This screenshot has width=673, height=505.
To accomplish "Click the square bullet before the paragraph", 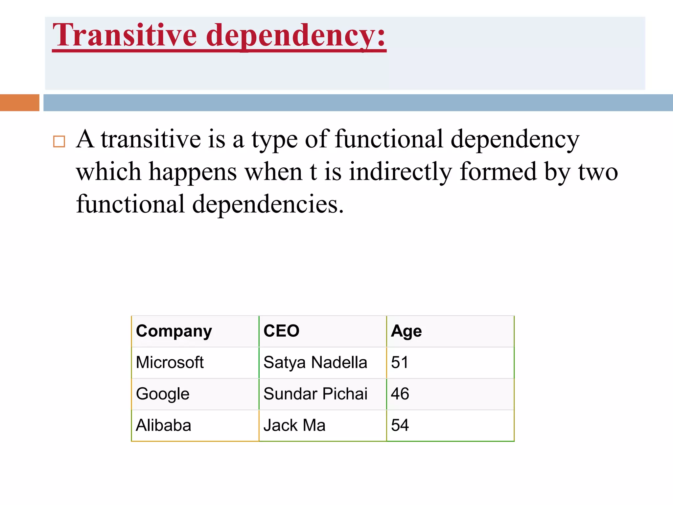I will pos(59,141).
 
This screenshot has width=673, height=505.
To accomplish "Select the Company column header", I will pos(174,331).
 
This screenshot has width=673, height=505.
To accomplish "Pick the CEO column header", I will pos(281,331).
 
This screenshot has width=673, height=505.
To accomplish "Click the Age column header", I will pos(406,331).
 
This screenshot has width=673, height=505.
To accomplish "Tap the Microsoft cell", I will pos(170,362).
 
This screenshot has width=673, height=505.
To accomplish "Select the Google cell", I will pos(163,394).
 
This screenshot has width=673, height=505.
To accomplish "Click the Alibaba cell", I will pos(163,425).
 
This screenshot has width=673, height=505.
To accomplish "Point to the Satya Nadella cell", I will pos(315,362).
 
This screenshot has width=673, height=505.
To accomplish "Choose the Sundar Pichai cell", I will pos(315,394).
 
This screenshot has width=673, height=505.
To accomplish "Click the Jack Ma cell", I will pos(294,425).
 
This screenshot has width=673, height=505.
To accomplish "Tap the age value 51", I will pos(400,362).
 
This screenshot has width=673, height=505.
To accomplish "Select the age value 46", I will pos(400,394).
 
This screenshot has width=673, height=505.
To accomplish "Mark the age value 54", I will pos(400,425).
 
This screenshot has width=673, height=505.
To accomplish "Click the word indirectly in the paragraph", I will pos(400,172).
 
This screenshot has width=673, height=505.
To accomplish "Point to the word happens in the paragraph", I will pos(193,172).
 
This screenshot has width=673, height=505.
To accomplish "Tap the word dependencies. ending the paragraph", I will pos(267,204).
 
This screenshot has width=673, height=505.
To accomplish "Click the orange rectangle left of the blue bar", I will pos(20,103).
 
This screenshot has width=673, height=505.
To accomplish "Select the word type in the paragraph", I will pos(274,139).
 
